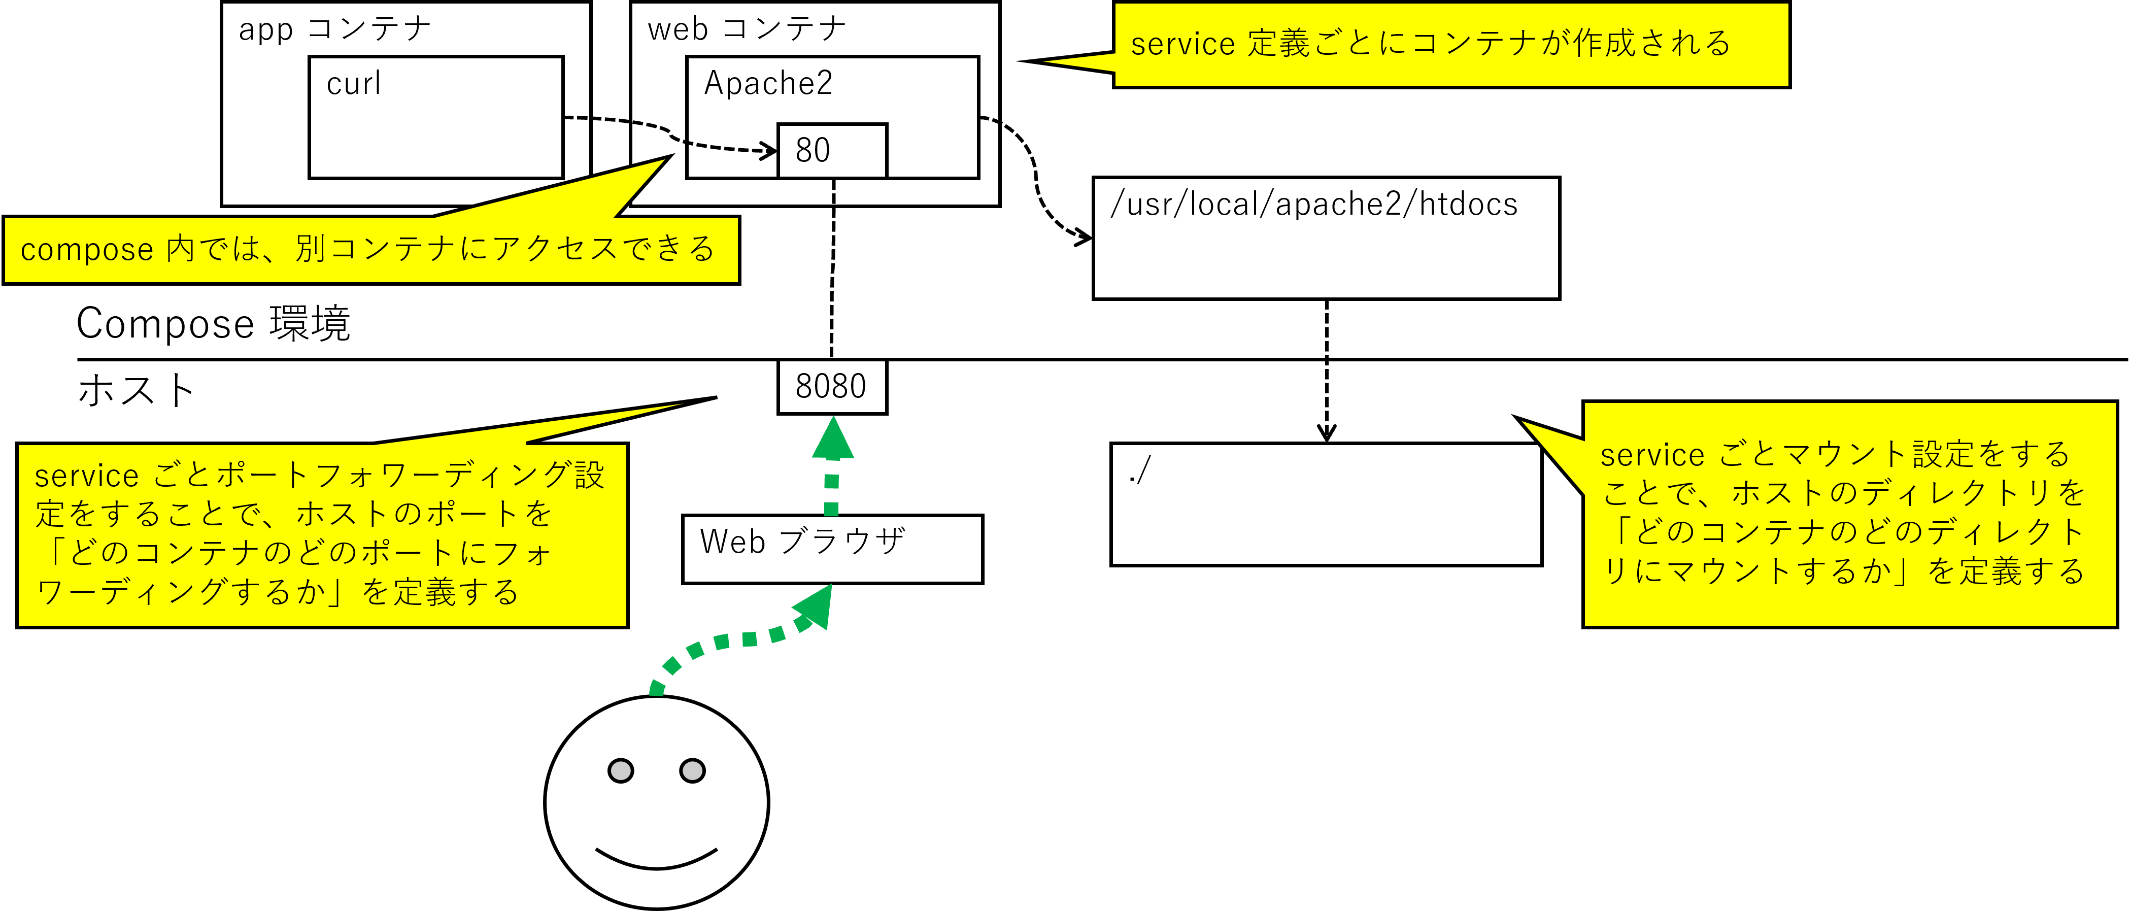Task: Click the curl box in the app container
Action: (x=436, y=117)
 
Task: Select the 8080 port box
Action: (x=832, y=386)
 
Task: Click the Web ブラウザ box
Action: (x=832, y=549)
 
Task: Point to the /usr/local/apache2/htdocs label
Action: (x=1314, y=204)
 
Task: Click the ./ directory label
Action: (x=1139, y=470)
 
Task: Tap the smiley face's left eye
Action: (x=620, y=770)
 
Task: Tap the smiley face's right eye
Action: (x=692, y=770)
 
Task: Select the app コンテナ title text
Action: (x=335, y=29)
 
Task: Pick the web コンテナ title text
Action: (x=747, y=29)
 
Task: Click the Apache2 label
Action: (x=768, y=84)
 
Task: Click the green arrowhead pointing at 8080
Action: (x=833, y=438)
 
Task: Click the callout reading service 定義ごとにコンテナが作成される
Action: (x=1450, y=44)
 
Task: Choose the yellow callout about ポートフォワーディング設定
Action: (x=322, y=534)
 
